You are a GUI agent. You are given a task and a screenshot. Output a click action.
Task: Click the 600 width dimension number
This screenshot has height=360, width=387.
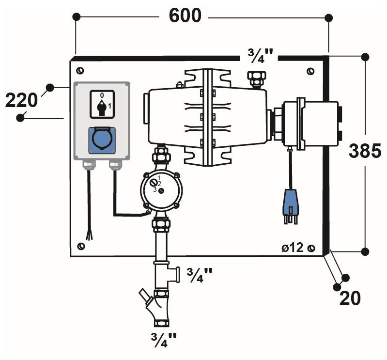point(185,16)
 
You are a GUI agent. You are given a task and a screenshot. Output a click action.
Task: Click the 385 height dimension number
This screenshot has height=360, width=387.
point(366,152)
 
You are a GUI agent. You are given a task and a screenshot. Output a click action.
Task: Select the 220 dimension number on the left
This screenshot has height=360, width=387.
point(21,101)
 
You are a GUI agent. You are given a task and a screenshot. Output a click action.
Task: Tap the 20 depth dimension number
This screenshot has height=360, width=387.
point(350,298)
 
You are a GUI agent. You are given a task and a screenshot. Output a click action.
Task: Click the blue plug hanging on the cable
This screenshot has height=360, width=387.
point(289,203)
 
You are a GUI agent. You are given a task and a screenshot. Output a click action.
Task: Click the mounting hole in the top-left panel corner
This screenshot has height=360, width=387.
point(80,71)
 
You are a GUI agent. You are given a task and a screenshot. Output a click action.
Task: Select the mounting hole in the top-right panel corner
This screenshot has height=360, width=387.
point(310,72)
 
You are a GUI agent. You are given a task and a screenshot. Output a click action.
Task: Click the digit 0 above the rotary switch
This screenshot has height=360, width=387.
point(102,95)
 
